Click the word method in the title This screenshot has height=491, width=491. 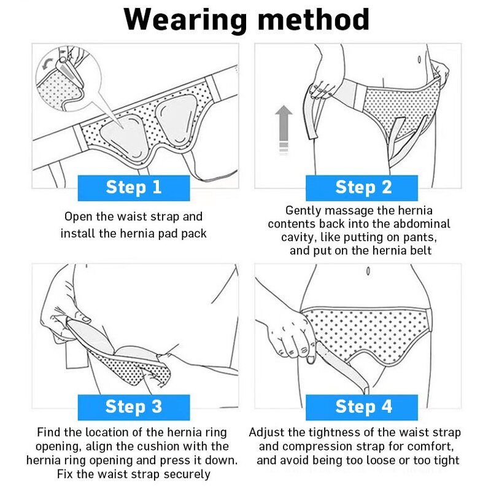313,20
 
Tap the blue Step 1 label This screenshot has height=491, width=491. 133,187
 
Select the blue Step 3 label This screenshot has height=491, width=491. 133,406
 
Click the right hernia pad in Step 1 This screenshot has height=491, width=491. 176,123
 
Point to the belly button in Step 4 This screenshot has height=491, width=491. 367,271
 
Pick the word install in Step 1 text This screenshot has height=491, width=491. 78,233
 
